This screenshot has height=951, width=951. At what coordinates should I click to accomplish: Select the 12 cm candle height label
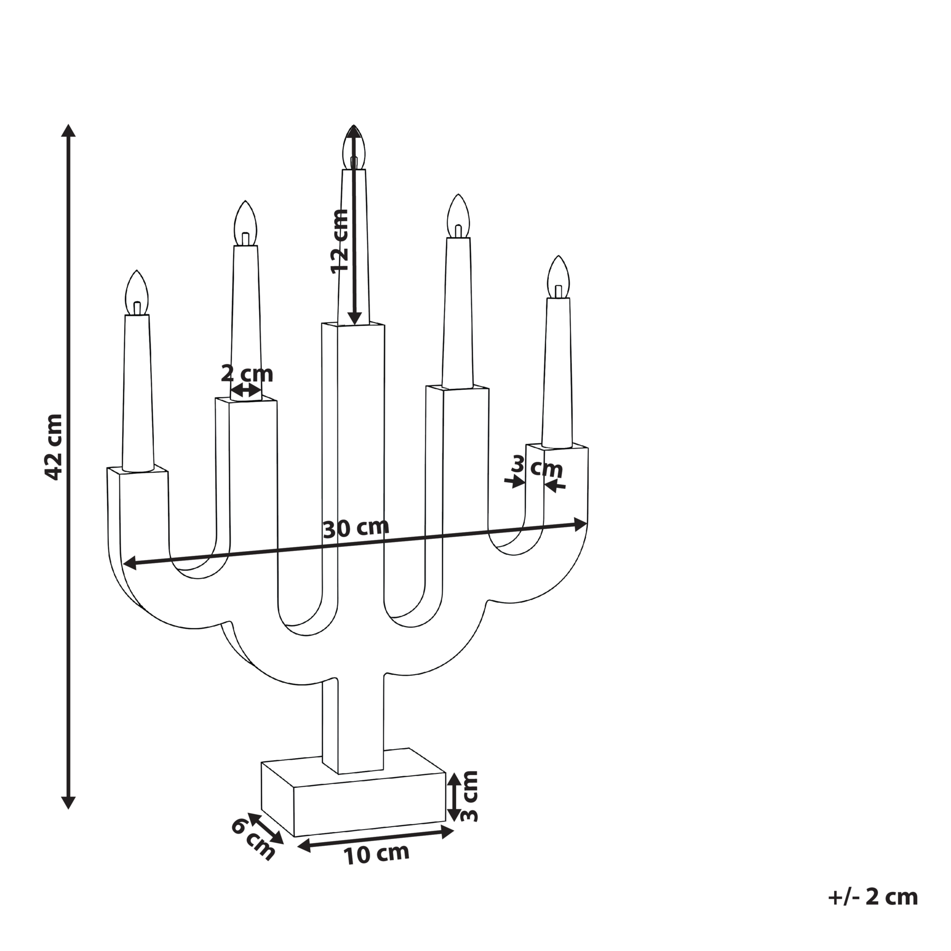point(339,241)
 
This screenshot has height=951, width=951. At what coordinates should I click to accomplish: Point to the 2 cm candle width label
point(247,374)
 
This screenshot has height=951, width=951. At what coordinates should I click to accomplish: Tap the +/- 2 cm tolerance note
point(873,897)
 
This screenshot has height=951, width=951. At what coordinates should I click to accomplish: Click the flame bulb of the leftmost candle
point(137,293)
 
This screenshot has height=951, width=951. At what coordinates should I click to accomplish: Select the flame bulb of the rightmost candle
point(559,277)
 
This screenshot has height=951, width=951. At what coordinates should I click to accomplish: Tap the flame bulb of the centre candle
point(354,147)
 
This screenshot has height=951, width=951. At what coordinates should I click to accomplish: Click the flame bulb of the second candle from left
point(245,223)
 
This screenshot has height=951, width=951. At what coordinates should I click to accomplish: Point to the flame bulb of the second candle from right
point(458,217)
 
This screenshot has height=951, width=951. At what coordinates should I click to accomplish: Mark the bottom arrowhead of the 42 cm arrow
point(68,802)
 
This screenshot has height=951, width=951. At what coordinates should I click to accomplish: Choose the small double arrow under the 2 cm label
point(247,390)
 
